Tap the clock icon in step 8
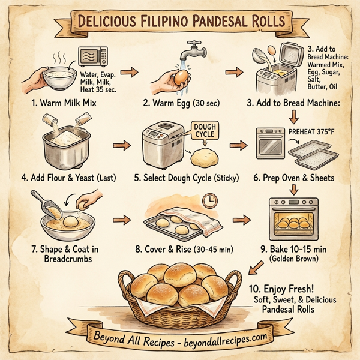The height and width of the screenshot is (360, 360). [x=210, y=200]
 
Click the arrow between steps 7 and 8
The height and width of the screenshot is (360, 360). [x=122, y=220]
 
